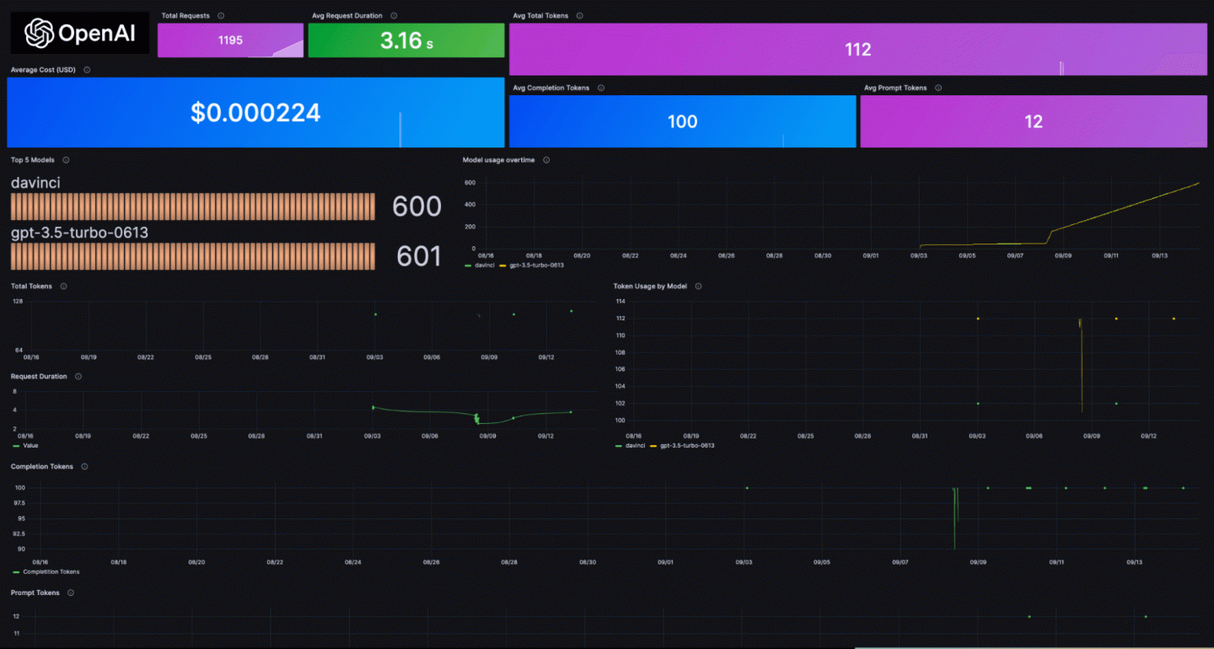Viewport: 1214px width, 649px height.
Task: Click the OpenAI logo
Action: click(x=80, y=34)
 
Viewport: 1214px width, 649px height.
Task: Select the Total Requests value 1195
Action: click(x=230, y=40)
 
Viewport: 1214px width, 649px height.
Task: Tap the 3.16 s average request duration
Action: click(x=406, y=40)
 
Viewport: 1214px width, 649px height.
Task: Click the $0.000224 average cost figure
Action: click(x=255, y=113)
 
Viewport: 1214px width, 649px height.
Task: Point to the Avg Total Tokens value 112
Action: click(x=857, y=50)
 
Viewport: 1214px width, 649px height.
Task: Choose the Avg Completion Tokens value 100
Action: click(x=682, y=121)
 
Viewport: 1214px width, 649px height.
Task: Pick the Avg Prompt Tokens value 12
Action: click(x=1034, y=121)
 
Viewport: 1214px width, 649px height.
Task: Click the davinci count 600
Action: click(x=416, y=206)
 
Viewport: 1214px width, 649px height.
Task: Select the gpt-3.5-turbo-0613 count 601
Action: click(x=418, y=256)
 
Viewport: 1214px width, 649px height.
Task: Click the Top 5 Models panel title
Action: click(x=31, y=160)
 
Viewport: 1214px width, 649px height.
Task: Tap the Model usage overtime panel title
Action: click(x=498, y=160)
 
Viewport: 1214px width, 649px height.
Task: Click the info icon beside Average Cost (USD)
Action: click(x=87, y=70)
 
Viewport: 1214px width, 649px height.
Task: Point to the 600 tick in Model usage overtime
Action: click(x=470, y=182)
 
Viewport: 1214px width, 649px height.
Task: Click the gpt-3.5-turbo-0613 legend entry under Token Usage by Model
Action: click(x=686, y=445)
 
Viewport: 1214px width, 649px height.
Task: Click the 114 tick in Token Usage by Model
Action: click(x=620, y=301)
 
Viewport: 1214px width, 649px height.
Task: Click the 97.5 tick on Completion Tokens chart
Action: click(x=18, y=503)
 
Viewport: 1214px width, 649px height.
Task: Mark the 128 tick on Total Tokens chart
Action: click(x=18, y=301)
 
